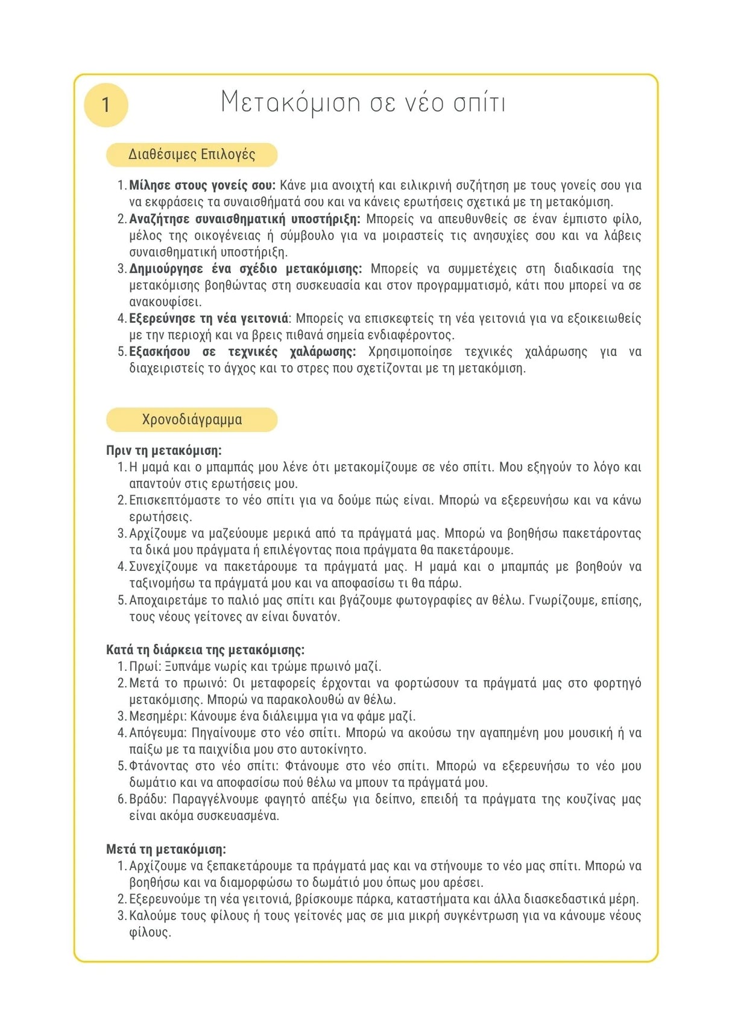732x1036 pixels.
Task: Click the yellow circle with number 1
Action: click(x=106, y=105)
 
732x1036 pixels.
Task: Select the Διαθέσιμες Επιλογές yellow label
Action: click(x=192, y=154)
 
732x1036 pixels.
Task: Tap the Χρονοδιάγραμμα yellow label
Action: click(x=192, y=419)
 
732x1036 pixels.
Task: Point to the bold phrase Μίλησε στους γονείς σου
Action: click(x=202, y=185)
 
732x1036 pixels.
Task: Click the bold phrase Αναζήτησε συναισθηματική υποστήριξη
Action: click(x=244, y=218)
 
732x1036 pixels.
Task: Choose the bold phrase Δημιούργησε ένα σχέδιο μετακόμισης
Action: click(x=245, y=269)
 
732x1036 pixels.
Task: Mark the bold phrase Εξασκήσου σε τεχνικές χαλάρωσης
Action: click(x=242, y=351)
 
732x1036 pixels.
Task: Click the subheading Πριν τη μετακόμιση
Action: click(x=164, y=450)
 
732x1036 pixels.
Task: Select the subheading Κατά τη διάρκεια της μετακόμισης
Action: click(x=205, y=650)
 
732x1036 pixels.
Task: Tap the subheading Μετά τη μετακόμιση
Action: click(x=166, y=850)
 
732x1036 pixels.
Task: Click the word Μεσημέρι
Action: click(x=158, y=716)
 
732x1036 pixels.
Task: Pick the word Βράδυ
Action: click(x=147, y=799)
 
